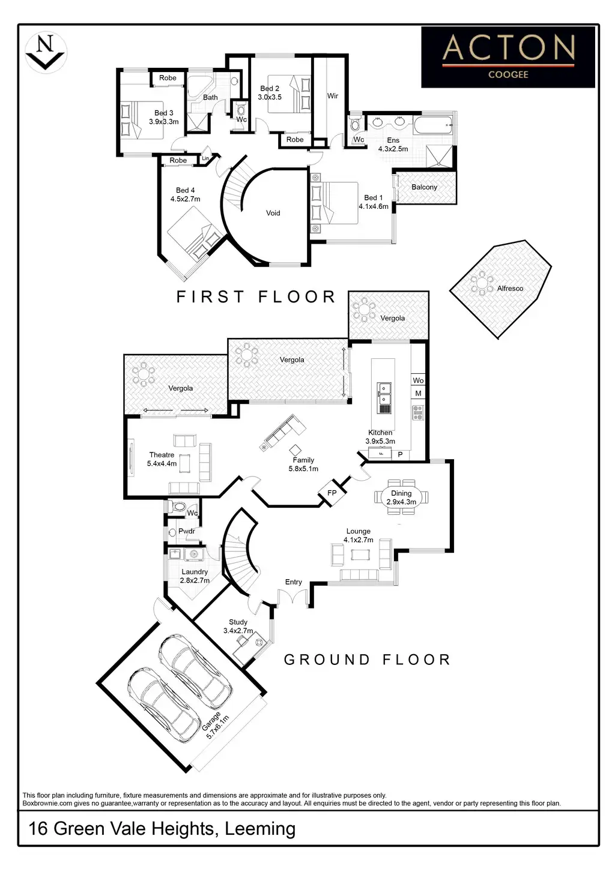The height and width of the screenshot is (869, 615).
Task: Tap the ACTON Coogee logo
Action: [x=508, y=57]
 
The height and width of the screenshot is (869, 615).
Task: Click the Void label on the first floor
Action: [x=273, y=213]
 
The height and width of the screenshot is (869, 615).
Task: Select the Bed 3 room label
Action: [x=163, y=113]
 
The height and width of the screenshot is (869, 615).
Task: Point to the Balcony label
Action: [x=424, y=187]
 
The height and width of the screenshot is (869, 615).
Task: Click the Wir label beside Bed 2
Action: [x=333, y=96]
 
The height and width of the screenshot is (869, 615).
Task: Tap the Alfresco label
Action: [x=510, y=289]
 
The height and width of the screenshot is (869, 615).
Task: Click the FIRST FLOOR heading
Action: [x=256, y=297]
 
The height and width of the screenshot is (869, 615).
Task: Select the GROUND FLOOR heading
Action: [x=367, y=660]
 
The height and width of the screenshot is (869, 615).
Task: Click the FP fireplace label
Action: [x=332, y=493]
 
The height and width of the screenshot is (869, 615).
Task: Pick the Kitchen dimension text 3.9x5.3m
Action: [x=380, y=441]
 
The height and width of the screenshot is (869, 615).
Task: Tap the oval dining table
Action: [x=401, y=497]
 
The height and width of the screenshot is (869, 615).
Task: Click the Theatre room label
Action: [x=162, y=455]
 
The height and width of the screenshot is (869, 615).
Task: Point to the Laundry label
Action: [x=195, y=572]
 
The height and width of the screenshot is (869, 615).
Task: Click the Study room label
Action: [x=238, y=622]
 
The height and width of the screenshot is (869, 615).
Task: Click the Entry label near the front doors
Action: [x=293, y=582]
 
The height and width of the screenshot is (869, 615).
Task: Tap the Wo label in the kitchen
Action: [x=418, y=380]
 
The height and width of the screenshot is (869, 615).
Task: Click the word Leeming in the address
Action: [x=259, y=829]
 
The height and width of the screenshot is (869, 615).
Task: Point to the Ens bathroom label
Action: [x=393, y=140]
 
